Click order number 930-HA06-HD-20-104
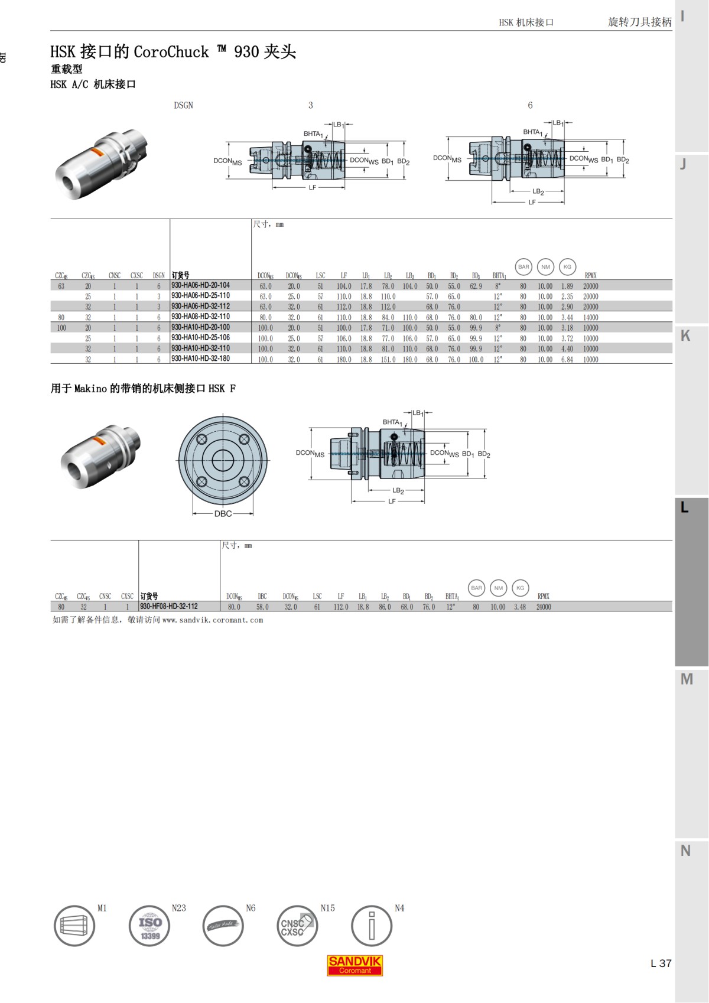[200, 285]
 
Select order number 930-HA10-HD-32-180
[200, 359]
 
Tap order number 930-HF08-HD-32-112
[169, 607]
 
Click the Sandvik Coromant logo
[355, 965]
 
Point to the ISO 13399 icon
[149, 926]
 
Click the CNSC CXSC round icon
[297, 926]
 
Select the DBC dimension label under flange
[223, 514]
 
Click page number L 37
[661, 963]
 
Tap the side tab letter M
[686, 679]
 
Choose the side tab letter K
[685, 336]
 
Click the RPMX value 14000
[590, 318]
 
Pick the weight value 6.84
[567, 359]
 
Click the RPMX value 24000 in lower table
[544, 607]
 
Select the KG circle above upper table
[567, 267]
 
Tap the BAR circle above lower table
[477, 588]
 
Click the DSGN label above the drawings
[183, 106]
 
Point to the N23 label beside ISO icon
[178, 908]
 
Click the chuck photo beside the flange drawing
[100, 456]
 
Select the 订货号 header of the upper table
[181, 275]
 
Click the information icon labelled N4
[371, 926]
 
